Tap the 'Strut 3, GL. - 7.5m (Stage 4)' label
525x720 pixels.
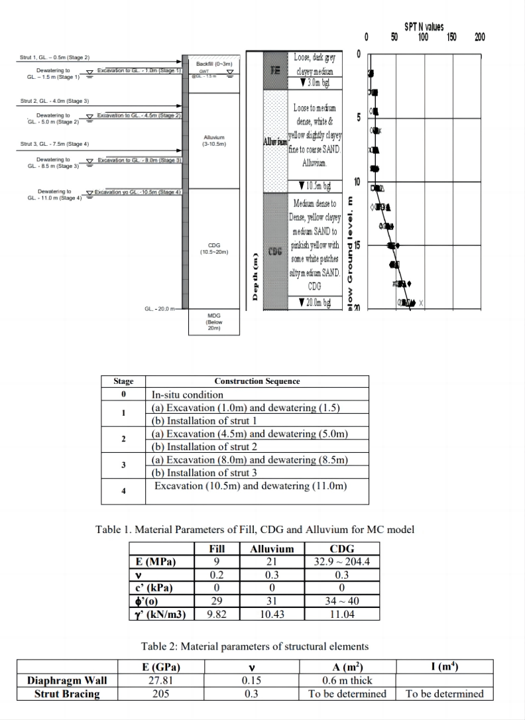(50, 144)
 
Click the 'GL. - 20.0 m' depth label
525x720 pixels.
(161, 309)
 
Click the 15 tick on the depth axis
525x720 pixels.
(357, 245)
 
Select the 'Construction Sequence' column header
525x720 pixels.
(257, 381)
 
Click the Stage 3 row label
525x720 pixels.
(123, 466)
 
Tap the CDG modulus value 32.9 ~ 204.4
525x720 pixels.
(341, 562)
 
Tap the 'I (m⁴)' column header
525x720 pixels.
(444, 666)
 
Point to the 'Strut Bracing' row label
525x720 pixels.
(67, 694)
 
